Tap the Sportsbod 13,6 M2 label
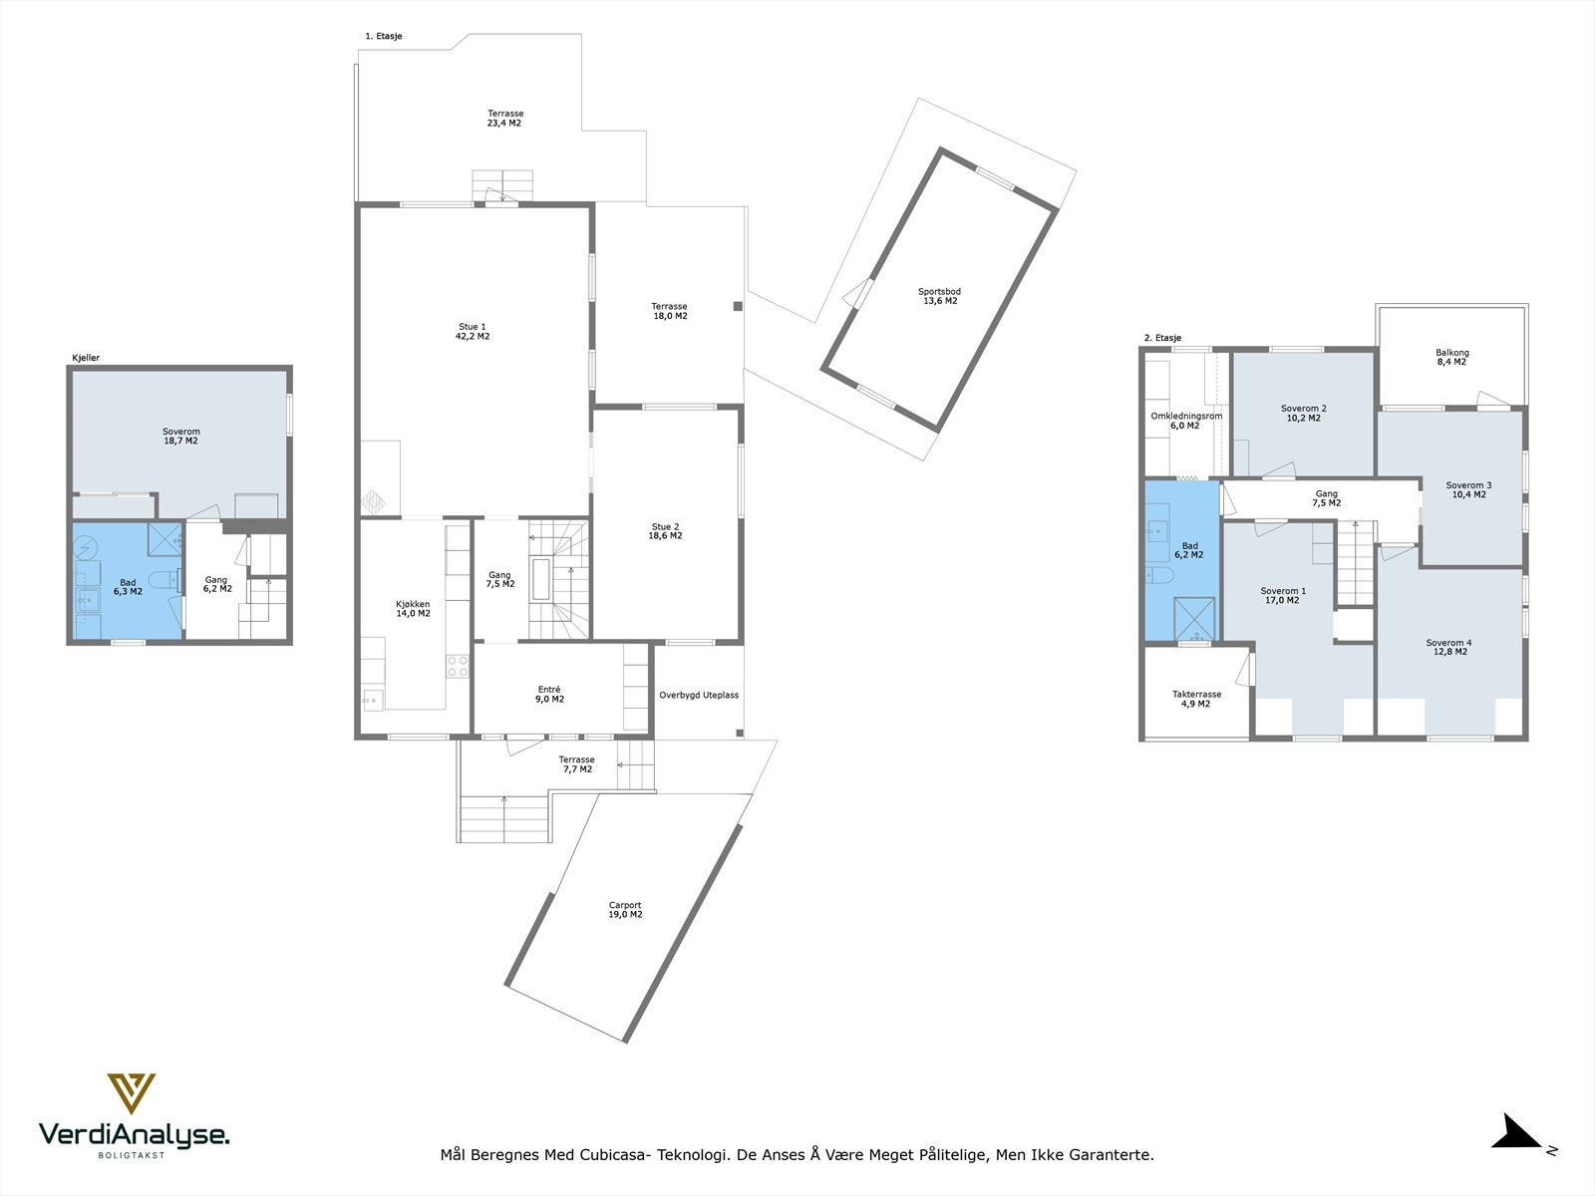coord(940,296)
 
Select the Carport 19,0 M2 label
coord(625,909)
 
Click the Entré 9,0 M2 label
coord(549,695)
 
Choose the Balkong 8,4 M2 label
coord(1451,357)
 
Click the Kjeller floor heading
coord(86,358)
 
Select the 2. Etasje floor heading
coord(1162,338)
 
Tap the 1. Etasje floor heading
coord(383,36)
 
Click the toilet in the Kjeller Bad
coord(162,579)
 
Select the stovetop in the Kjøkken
coord(457,666)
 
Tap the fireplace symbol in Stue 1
coord(374,501)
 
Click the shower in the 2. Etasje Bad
coord(1194,618)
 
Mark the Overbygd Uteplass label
coord(699,695)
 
